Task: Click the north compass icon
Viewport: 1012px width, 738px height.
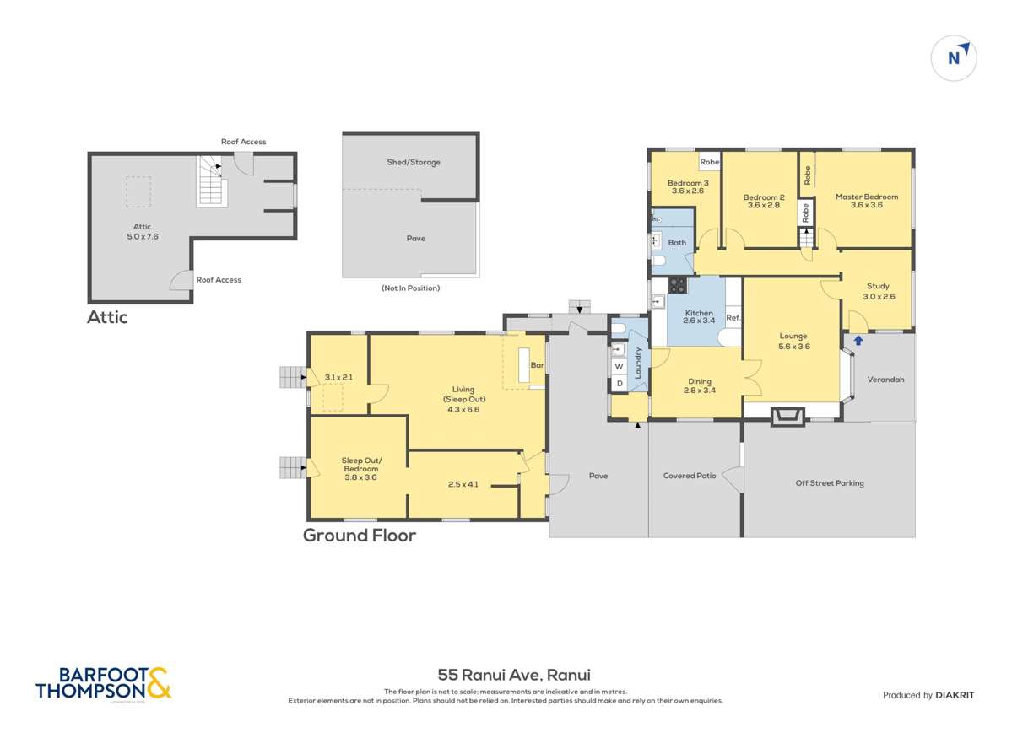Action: [954, 57]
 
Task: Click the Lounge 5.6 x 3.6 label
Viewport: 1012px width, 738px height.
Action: [793, 340]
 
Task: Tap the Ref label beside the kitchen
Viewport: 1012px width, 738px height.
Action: [733, 318]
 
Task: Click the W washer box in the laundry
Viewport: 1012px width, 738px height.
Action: [619, 367]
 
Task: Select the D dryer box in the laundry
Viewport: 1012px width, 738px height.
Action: [619, 384]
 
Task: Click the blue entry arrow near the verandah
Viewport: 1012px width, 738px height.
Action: [858, 341]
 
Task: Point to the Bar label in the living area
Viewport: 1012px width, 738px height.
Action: [536, 365]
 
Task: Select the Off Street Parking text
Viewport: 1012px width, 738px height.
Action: [829, 483]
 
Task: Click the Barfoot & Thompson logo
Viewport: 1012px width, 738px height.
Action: [103, 683]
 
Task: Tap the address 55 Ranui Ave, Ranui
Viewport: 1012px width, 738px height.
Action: [513, 675]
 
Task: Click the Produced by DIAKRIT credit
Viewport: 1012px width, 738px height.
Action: [928, 695]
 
